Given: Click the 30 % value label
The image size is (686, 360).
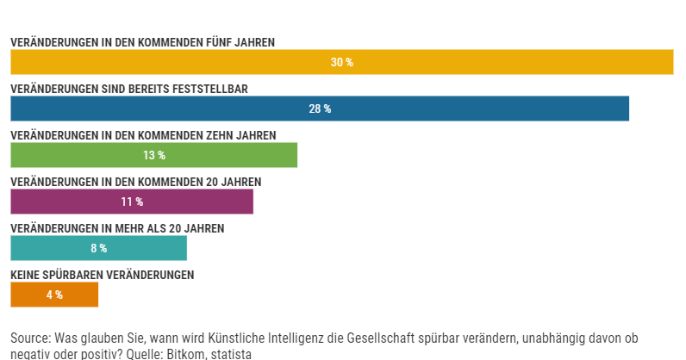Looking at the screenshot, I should coord(342,63).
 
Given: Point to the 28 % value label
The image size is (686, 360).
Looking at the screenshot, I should coord(320,109).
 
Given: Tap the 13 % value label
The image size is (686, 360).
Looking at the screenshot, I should coord(154,156).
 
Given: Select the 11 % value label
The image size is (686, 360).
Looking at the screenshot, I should coord(132,202).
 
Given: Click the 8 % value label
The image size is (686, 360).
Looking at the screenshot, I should coord(98,249).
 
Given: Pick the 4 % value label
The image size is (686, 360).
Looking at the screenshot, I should coord(54,295).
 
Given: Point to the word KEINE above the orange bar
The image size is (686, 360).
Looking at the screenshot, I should coord(26,275).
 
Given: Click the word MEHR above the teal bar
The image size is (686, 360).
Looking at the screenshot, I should coord(130,228).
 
